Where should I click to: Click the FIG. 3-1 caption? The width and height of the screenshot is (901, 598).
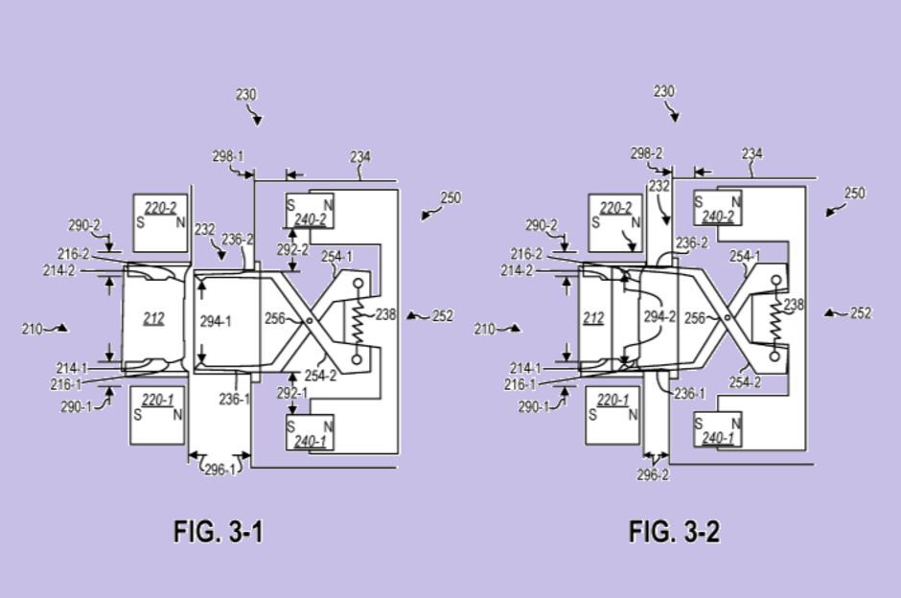click(x=219, y=531)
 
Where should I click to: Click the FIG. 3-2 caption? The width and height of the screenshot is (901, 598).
click(x=674, y=531)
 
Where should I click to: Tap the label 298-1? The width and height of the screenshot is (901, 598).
click(x=228, y=156)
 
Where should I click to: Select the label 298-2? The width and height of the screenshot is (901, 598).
click(x=646, y=153)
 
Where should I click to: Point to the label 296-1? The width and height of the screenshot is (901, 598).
click(x=219, y=470)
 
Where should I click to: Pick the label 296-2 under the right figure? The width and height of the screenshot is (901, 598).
click(x=653, y=474)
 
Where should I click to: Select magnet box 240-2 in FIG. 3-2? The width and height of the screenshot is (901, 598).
click(x=718, y=210)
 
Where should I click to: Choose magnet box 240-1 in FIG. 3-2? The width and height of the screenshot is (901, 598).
click(x=718, y=431)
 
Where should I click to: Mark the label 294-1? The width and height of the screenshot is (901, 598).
click(x=216, y=321)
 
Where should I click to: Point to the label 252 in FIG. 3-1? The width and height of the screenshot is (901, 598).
click(x=442, y=315)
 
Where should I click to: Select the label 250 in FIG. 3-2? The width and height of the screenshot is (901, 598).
click(x=854, y=194)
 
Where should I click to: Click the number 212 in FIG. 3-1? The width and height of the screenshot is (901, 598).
click(x=153, y=318)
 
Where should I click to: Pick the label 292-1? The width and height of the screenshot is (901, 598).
click(x=292, y=392)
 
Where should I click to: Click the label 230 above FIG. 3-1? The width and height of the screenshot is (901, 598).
click(x=246, y=95)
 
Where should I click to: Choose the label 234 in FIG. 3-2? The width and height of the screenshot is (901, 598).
click(x=752, y=153)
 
